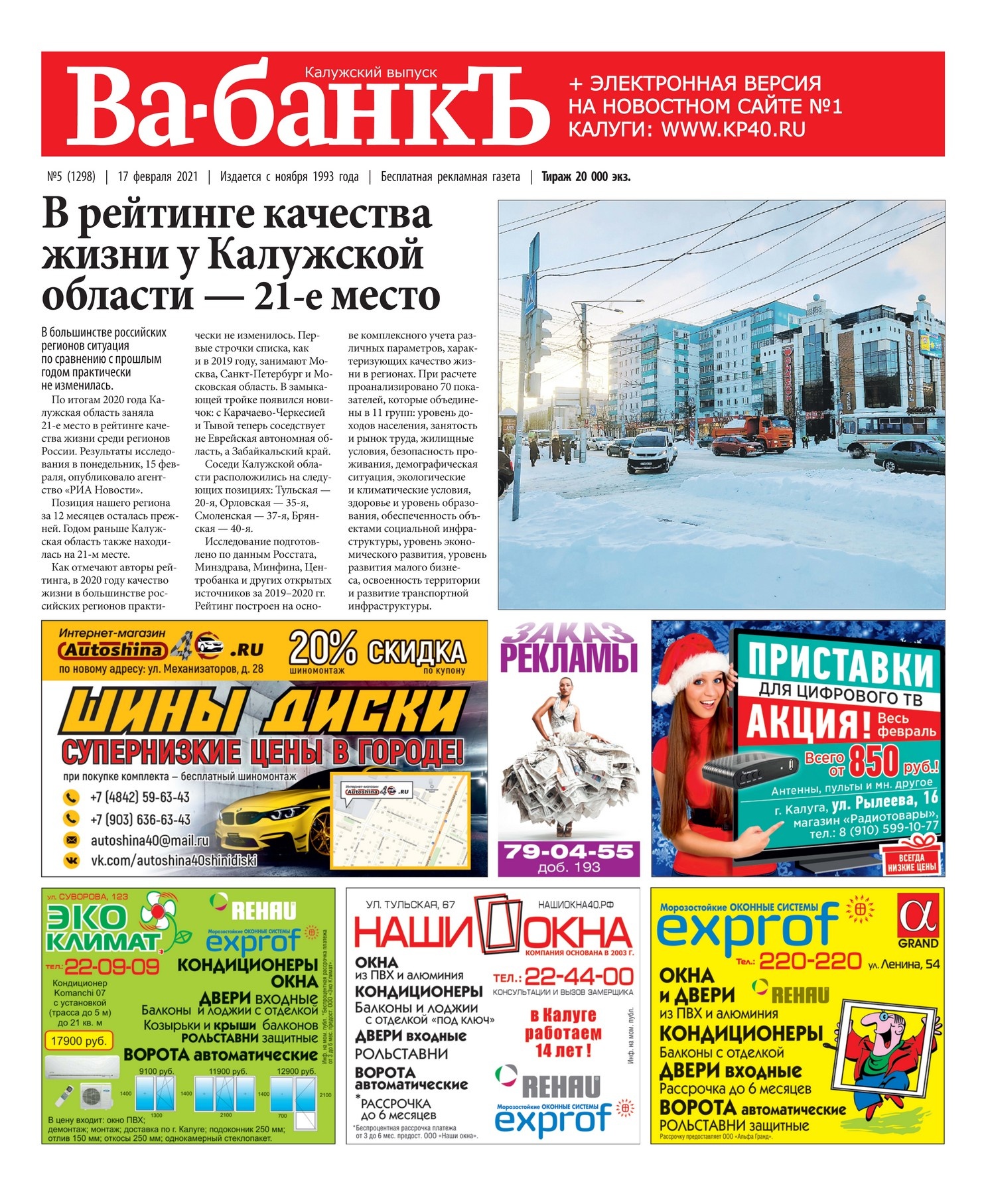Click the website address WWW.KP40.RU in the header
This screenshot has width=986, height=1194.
tap(733, 129)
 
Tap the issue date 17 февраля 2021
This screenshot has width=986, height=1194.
tap(157, 176)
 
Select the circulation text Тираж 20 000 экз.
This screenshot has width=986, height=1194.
tap(585, 176)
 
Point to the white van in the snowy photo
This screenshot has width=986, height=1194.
tap(651, 450)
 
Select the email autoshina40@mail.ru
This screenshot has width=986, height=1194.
tap(149, 840)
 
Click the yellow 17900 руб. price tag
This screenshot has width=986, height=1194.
tap(78, 1040)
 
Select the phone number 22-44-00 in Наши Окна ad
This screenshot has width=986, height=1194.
tap(578, 976)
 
